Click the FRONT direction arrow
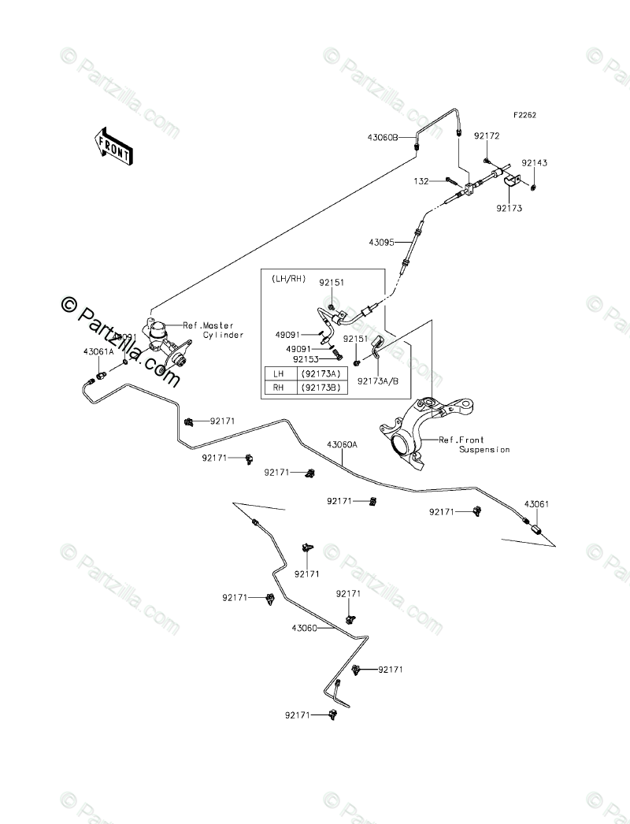pos(113,147)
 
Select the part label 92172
pos(487,136)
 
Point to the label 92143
pos(534,163)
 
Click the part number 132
pos(421,181)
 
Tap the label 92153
pos(306,359)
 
